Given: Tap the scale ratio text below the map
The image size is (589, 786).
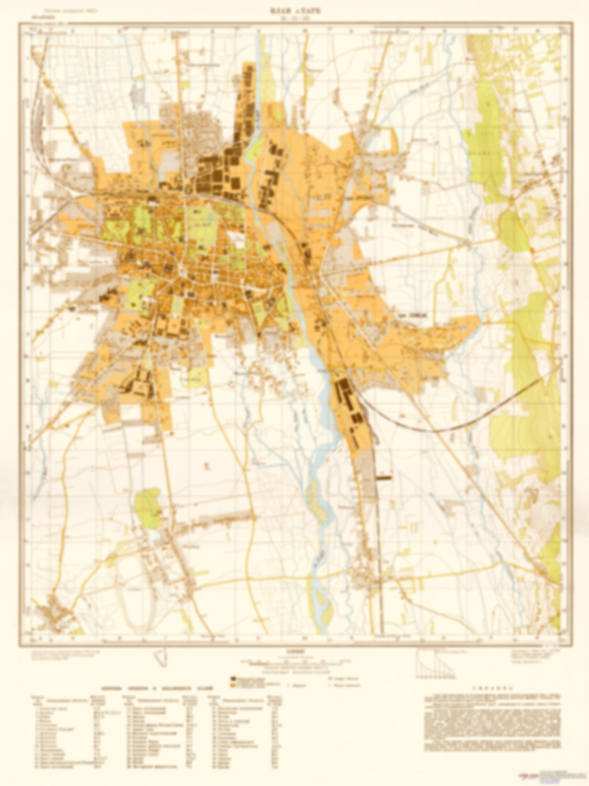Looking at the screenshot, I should pyautogui.click(x=294, y=651).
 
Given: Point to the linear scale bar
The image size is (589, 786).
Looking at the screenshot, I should pyautogui.click(x=294, y=662).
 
